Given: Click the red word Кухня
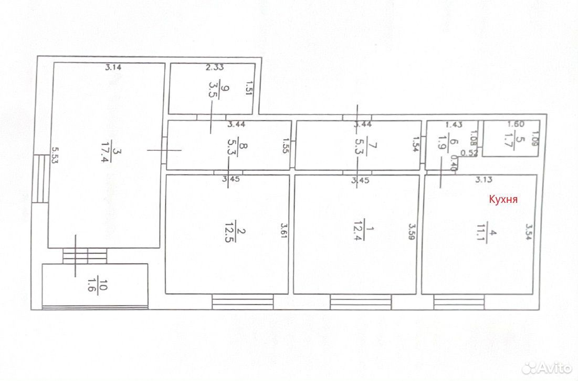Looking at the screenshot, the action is (x=503, y=199).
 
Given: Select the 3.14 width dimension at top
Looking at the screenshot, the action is (x=113, y=67).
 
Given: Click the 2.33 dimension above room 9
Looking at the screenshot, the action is (x=215, y=67).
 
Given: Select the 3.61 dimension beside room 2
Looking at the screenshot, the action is (x=283, y=231).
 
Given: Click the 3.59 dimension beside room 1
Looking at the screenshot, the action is (x=412, y=231).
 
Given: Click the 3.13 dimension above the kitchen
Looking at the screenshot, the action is (x=484, y=180).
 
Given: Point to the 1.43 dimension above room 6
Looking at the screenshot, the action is (x=454, y=125).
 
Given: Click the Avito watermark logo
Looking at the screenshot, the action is (x=548, y=366).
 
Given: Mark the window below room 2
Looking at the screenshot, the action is (x=243, y=302).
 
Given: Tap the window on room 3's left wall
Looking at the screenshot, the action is (x=38, y=179).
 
